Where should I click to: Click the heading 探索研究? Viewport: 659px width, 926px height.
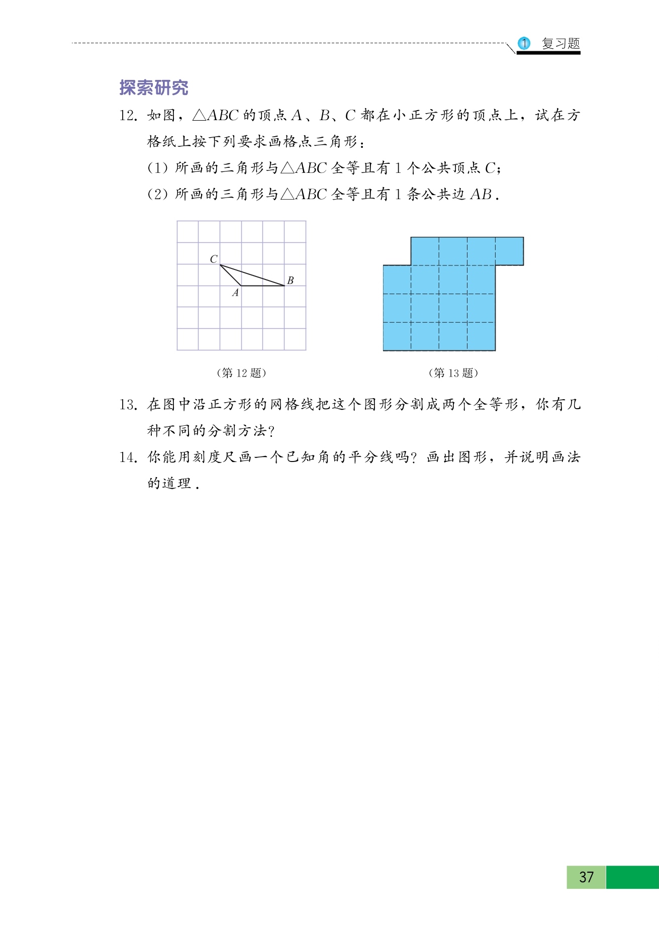(154, 88)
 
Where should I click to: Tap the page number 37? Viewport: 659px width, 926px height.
(586, 877)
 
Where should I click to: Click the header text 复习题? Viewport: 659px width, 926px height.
(560, 44)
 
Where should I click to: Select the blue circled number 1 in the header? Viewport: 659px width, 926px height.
(524, 44)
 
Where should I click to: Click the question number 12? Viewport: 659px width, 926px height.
(128, 116)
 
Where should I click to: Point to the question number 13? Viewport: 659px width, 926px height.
(128, 405)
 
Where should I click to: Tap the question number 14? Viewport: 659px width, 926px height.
(128, 457)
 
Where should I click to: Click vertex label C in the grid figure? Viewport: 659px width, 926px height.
(214, 259)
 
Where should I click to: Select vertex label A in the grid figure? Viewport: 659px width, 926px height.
(235, 293)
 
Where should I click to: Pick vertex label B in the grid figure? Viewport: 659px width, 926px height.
(290, 281)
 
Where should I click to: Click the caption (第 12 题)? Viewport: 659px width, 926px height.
(241, 373)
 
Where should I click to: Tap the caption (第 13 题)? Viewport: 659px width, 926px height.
(453, 373)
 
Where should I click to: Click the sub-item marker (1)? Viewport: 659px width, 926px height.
(157, 168)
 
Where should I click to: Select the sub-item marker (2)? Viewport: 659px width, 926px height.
(157, 194)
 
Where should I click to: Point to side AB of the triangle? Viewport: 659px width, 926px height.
(262, 286)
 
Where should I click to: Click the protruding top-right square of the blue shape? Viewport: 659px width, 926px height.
(509, 251)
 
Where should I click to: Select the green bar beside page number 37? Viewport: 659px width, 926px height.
(632, 877)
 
